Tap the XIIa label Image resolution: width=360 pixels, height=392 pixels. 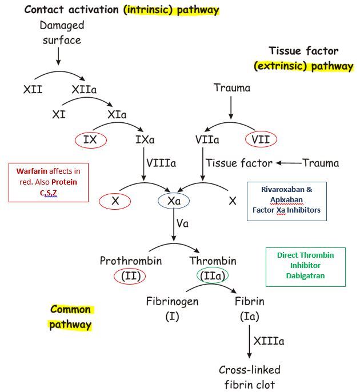pos(84,90)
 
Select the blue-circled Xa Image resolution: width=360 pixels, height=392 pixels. pos(174,201)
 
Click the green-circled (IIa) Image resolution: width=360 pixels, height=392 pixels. pos(213,276)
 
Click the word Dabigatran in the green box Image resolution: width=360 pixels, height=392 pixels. pos(305,275)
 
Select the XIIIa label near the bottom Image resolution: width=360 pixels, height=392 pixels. pos(269,341)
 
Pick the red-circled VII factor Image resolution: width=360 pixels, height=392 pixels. pos(261,139)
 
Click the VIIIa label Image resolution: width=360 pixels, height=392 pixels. pos(161,163)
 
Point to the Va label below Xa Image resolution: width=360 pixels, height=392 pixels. pos(182,223)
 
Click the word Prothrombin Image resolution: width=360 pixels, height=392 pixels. pos(130,261)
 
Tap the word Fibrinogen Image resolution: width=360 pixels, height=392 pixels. pos(172,301)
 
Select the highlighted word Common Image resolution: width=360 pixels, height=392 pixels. pos(71,310)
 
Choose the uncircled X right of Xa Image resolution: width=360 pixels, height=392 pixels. pos(233,201)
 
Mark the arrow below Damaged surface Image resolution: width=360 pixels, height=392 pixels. pos(58,56)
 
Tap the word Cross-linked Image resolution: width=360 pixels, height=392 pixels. pos(250,370)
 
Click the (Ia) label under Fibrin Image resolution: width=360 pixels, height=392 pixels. pos(249,315)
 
